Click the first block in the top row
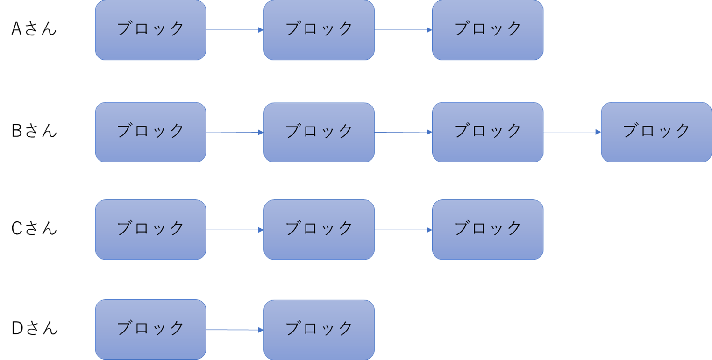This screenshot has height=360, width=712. click(x=150, y=30)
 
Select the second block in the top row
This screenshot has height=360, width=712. click(x=319, y=30)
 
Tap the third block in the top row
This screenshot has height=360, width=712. click(x=487, y=30)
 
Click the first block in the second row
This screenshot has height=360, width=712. click(x=150, y=132)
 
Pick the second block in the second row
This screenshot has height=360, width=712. click(x=319, y=132)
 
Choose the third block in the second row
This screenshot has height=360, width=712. click(x=487, y=132)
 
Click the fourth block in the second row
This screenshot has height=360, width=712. click(x=656, y=132)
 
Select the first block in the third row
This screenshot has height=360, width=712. click(x=150, y=230)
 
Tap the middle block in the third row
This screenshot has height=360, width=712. click(x=319, y=230)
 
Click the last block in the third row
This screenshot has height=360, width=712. click(x=487, y=230)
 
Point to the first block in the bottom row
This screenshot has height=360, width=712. click(x=150, y=330)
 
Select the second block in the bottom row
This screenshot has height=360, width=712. click(x=319, y=330)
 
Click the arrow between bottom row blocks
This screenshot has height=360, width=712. click(x=235, y=330)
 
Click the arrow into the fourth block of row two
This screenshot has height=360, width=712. click(x=572, y=132)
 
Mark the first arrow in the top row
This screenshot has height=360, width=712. click(x=235, y=30)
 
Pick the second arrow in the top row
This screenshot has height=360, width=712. click(x=403, y=30)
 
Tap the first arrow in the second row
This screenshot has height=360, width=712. click(x=235, y=133)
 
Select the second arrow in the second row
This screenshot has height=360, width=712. click(x=403, y=133)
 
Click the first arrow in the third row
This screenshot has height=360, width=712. click(x=235, y=230)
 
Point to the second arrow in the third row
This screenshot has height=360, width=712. click(x=403, y=230)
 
